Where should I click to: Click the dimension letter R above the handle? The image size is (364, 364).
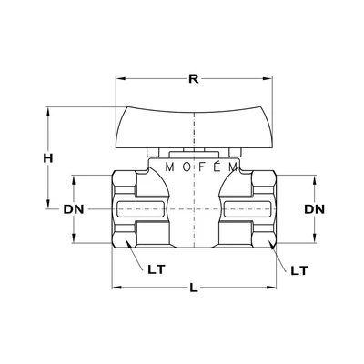(x=192, y=78)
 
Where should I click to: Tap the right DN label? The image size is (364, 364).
(x=314, y=210)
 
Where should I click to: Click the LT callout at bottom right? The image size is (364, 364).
(x=298, y=270)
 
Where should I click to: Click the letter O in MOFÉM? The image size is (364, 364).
(x=184, y=167)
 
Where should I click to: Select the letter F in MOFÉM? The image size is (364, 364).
(x=200, y=167)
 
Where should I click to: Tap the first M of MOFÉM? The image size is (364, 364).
(x=169, y=167)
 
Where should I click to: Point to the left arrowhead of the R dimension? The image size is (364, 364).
(x=119, y=78)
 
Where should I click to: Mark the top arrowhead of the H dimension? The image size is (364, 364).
(x=47, y=112)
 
